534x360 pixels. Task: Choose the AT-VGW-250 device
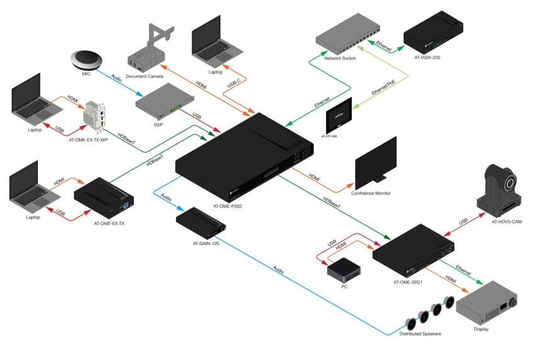coord(433,32)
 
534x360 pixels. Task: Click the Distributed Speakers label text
coord(420,333)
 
